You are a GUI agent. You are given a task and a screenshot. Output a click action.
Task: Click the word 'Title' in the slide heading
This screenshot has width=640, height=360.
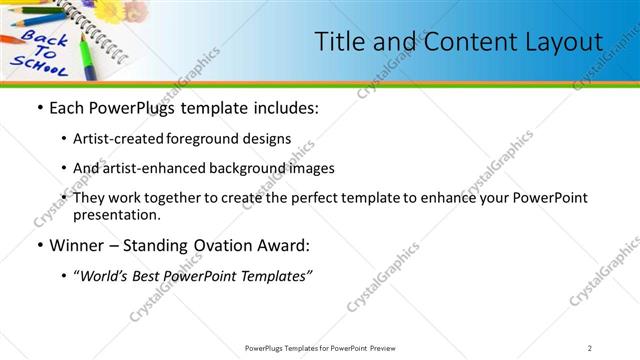(x=341, y=42)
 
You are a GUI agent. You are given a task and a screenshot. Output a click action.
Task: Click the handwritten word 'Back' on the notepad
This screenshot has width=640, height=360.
(x=43, y=42)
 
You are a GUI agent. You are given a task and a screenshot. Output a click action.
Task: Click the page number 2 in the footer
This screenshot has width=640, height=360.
(x=590, y=347)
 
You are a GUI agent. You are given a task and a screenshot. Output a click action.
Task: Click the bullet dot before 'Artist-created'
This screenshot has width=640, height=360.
(x=65, y=138)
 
